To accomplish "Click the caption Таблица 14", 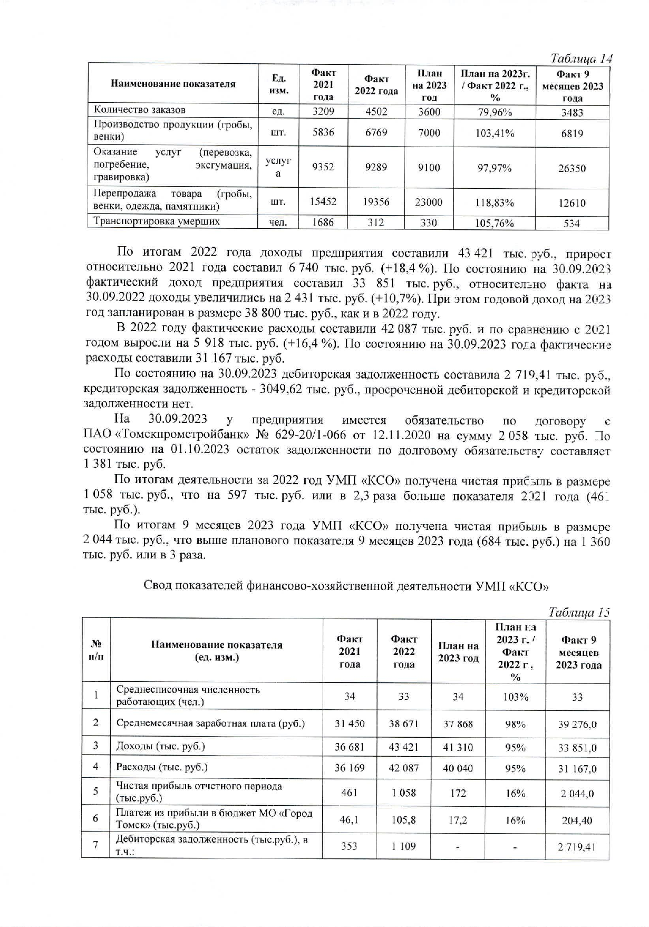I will pyautogui.click(x=581, y=58).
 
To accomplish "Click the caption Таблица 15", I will pyautogui.click(x=579, y=612).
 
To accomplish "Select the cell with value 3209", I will pyautogui.click(x=323, y=111).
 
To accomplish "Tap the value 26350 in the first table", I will pyautogui.click(x=572, y=169).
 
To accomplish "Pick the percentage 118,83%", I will pyautogui.click(x=495, y=202).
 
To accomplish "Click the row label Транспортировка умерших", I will pyautogui.click(x=157, y=221).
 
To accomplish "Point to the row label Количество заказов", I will pyautogui.click(x=140, y=110).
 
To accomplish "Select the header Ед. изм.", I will pyautogui.click(x=278, y=84).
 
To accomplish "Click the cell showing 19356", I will pyautogui.click(x=376, y=202).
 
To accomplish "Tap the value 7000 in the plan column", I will pyautogui.click(x=429, y=133).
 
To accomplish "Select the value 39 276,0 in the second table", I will pyautogui.click(x=577, y=725).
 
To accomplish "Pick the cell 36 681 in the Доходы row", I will pyautogui.click(x=349, y=747).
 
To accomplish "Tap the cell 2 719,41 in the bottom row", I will pyautogui.click(x=577, y=847).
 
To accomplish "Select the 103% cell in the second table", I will pyautogui.click(x=515, y=697).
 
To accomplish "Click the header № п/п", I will pyautogui.click(x=96, y=650).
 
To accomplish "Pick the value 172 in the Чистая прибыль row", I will pyautogui.click(x=458, y=793).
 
